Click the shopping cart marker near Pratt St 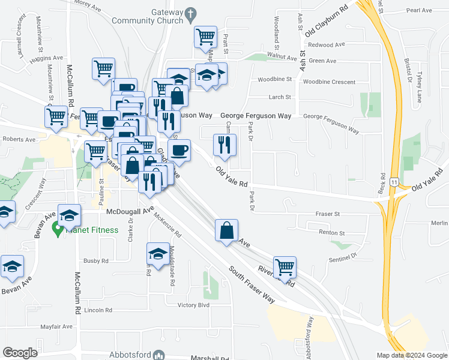pyautogui.click(x=205, y=37)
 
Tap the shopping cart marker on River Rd pyautogui.click(x=285, y=267)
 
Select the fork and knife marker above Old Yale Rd pyautogui.click(x=225, y=145)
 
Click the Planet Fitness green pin pyautogui.click(x=58, y=228)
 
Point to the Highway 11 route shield pyautogui.click(x=394, y=181)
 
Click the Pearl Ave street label pyautogui.click(x=419, y=10)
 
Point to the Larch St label pyautogui.click(x=280, y=97)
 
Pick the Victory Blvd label pyautogui.click(x=193, y=305)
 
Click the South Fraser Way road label pyautogui.click(x=252, y=283)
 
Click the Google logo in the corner pyautogui.click(x=20, y=353)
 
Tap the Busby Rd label pyautogui.click(x=96, y=261)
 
